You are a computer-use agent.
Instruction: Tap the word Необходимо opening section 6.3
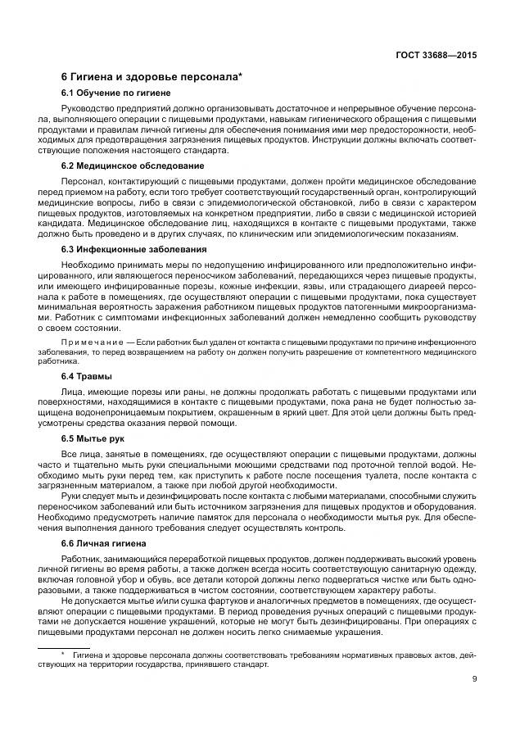[x=88, y=265]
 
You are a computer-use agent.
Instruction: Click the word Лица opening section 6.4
[x=72, y=389]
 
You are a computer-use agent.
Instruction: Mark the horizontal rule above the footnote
[x=96, y=647]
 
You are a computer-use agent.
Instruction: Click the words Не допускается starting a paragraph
[x=93, y=600]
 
